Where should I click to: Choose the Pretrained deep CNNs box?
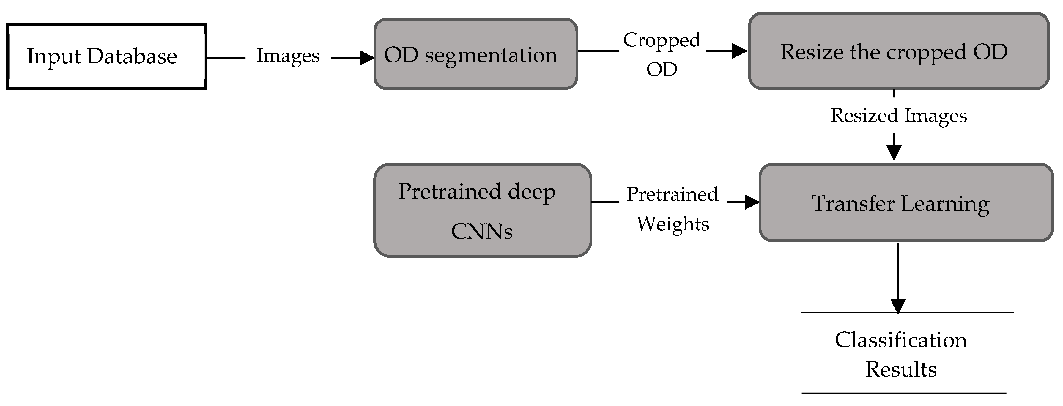482,210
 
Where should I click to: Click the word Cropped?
662,40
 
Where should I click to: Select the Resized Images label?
898,116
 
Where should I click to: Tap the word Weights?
673,224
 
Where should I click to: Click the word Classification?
901,340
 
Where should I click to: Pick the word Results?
901,369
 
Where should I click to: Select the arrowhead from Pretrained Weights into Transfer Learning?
752,202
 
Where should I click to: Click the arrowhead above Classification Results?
898,306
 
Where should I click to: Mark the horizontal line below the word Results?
904,393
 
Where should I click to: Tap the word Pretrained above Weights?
672,194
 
